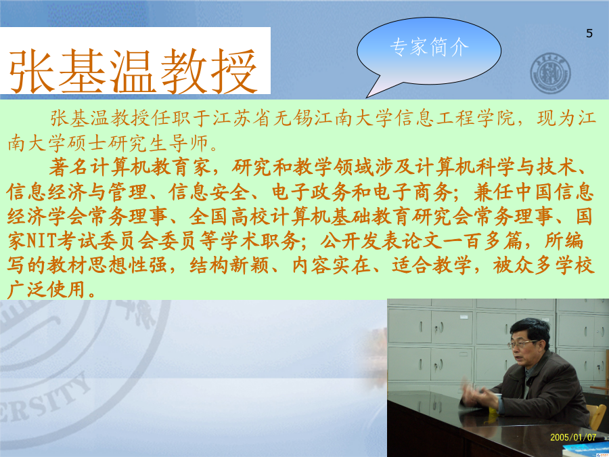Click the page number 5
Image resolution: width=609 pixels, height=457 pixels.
click(589, 33)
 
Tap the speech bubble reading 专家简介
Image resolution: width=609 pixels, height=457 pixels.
click(429, 51)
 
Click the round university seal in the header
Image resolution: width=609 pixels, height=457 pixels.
click(550, 73)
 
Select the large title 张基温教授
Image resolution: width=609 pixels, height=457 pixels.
click(133, 71)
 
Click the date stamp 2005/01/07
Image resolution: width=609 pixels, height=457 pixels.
click(573, 437)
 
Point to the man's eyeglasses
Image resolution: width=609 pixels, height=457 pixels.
click(522, 344)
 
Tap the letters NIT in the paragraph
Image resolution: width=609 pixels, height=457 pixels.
click(43, 241)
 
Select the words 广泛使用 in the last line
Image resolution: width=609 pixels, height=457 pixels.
click(46, 290)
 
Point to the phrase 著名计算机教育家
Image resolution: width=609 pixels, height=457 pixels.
click(130, 167)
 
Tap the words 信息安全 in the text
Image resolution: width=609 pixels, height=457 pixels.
click(208, 192)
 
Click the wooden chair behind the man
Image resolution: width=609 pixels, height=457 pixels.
click(597, 416)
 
